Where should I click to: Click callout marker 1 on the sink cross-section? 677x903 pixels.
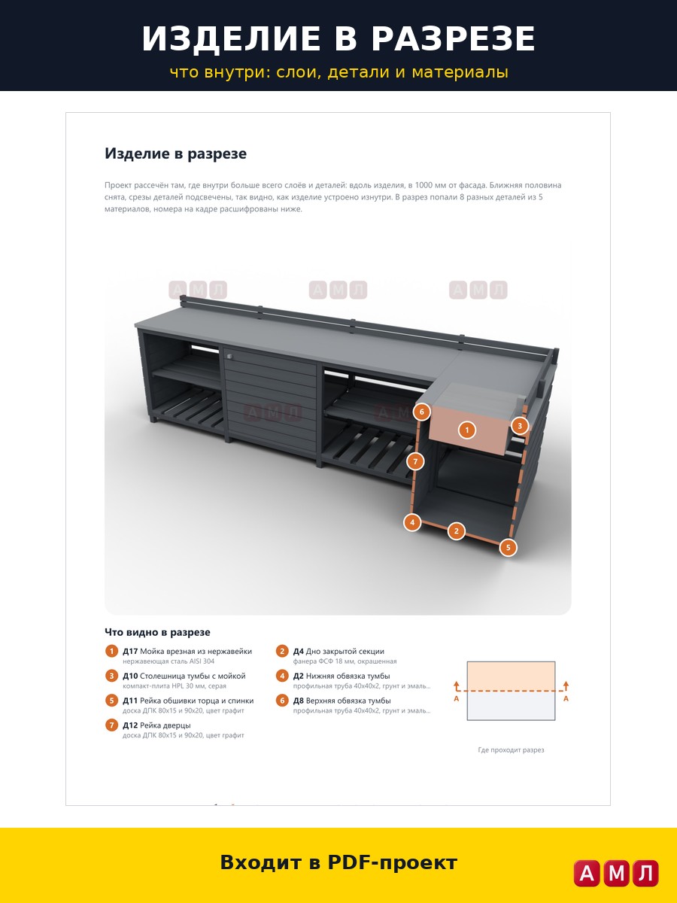click(466, 430)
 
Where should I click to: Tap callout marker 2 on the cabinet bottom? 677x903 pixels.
click(457, 531)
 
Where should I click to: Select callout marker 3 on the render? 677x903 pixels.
click(520, 426)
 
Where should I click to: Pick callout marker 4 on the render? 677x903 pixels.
click(412, 522)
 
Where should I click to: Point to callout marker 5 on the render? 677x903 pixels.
click(508, 548)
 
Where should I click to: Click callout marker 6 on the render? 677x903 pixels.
click(421, 412)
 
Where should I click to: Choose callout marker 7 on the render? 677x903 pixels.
click(415, 461)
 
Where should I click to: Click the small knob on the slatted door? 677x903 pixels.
click(229, 356)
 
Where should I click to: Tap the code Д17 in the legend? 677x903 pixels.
click(130, 651)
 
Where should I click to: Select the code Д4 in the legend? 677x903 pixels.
click(298, 651)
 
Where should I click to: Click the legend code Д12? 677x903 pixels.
click(130, 725)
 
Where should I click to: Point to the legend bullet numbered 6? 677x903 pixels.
click(282, 700)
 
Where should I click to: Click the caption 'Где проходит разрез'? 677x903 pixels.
click(511, 750)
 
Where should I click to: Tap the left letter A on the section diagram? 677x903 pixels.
click(457, 698)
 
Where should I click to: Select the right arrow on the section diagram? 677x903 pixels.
click(566, 686)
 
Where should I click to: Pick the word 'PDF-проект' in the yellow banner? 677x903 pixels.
click(392, 862)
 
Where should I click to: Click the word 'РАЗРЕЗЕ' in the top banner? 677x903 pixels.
click(454, 38)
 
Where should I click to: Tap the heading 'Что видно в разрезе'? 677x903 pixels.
click(157, 632)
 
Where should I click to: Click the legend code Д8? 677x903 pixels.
click(298, 701)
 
